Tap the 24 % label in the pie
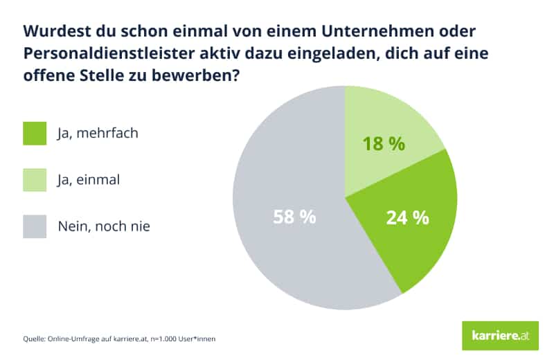coord(406,217)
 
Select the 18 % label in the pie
coord(383,144)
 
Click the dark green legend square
coord(35,134)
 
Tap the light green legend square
coord(35,180)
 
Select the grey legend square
coord(35,226)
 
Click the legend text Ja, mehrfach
coord(98,133)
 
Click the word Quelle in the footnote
coord(33,339)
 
